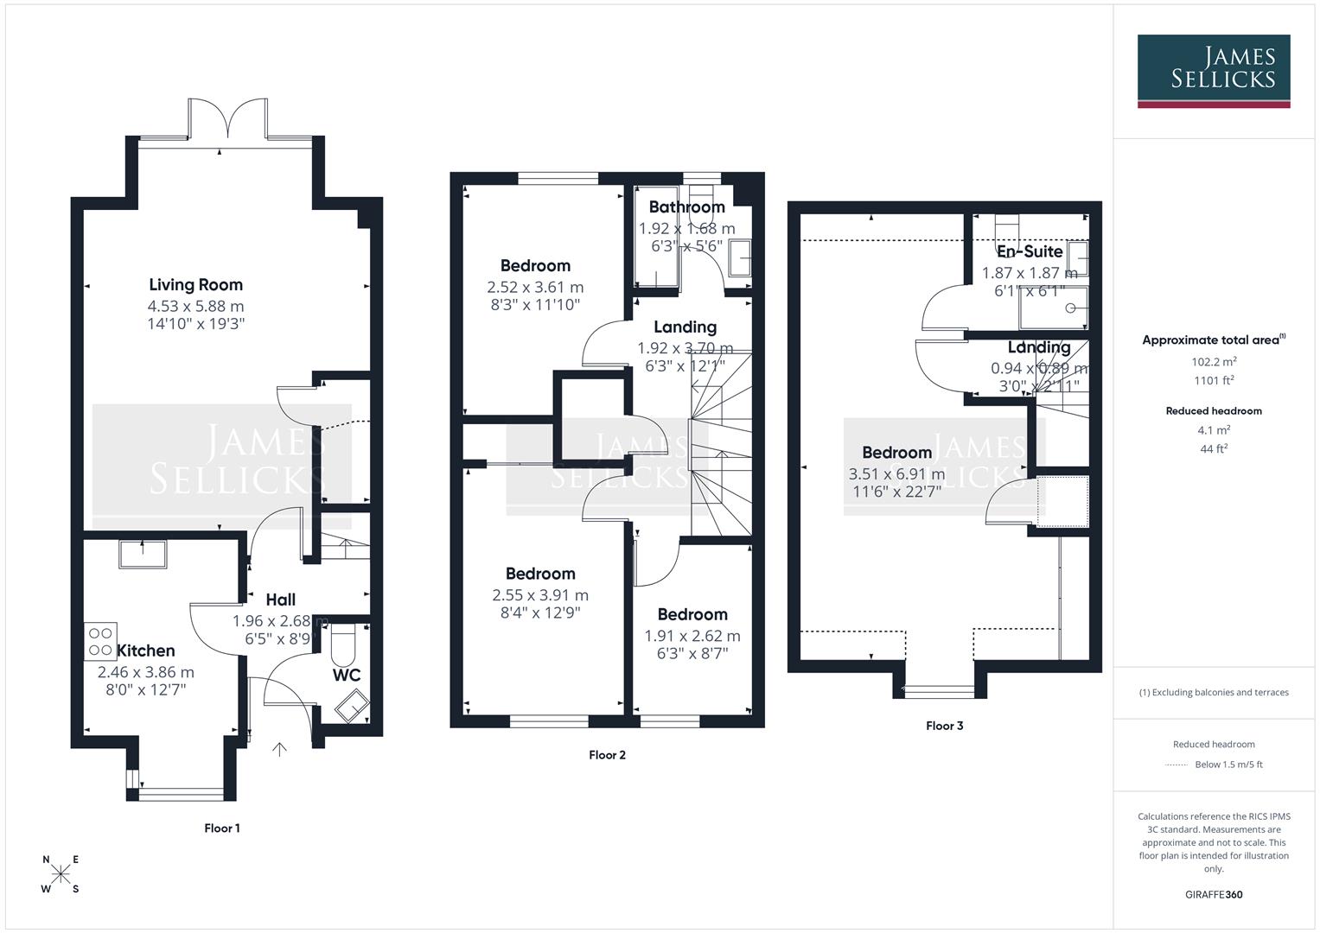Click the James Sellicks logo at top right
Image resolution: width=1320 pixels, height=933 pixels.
point(1213,70)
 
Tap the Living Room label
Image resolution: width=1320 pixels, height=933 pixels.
point(195,284)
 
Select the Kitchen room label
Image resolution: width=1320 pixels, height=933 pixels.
point(145,651)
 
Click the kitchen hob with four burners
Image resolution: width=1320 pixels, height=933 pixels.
point(99,641)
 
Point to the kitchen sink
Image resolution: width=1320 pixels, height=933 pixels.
point(143,553)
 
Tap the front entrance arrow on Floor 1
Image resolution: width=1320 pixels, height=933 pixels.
point(279,749)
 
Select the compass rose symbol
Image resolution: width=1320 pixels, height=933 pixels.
point(61,874)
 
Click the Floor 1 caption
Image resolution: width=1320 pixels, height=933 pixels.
point(222,828)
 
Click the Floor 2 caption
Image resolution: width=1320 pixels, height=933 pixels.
point(607,754)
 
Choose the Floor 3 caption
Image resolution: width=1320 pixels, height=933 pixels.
point(944,726)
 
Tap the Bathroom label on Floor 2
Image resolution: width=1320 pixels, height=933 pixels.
point(686,206)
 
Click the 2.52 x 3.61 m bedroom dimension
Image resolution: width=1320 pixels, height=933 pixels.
point(535,287)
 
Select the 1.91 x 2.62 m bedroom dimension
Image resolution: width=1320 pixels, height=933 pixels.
point(692,636)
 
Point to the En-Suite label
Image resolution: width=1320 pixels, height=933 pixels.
point(1030,251)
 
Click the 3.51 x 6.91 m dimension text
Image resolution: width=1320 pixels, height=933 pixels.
point(896,474)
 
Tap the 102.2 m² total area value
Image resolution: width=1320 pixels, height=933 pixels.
point(1214,362)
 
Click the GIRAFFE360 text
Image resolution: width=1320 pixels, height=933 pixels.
point(1214,894)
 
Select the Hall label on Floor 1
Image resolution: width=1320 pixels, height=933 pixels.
point(280,600)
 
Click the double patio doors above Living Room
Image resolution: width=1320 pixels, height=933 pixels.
point(228,118)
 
